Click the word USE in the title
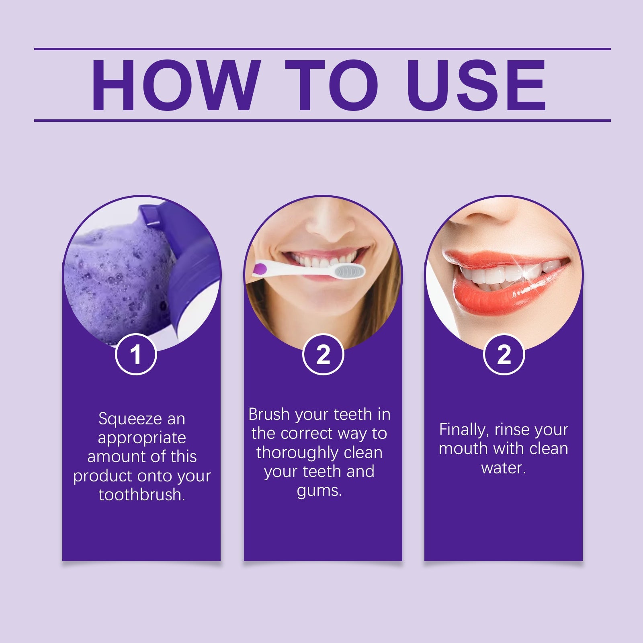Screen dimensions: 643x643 tap(478, 85)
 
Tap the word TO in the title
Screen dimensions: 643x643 tap(332, 85)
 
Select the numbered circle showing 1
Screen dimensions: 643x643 tap(136, 354)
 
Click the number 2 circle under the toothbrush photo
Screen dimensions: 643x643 tap(323, 354)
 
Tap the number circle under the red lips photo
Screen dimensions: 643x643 tap(504, 354)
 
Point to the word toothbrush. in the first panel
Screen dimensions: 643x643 tap(141, 495)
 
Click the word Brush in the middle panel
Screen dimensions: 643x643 tap(269, 414)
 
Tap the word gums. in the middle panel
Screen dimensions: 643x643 tap(319, 491)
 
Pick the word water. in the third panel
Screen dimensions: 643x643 tap(504, 468)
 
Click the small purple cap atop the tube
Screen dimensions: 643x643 tap(150, 215)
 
